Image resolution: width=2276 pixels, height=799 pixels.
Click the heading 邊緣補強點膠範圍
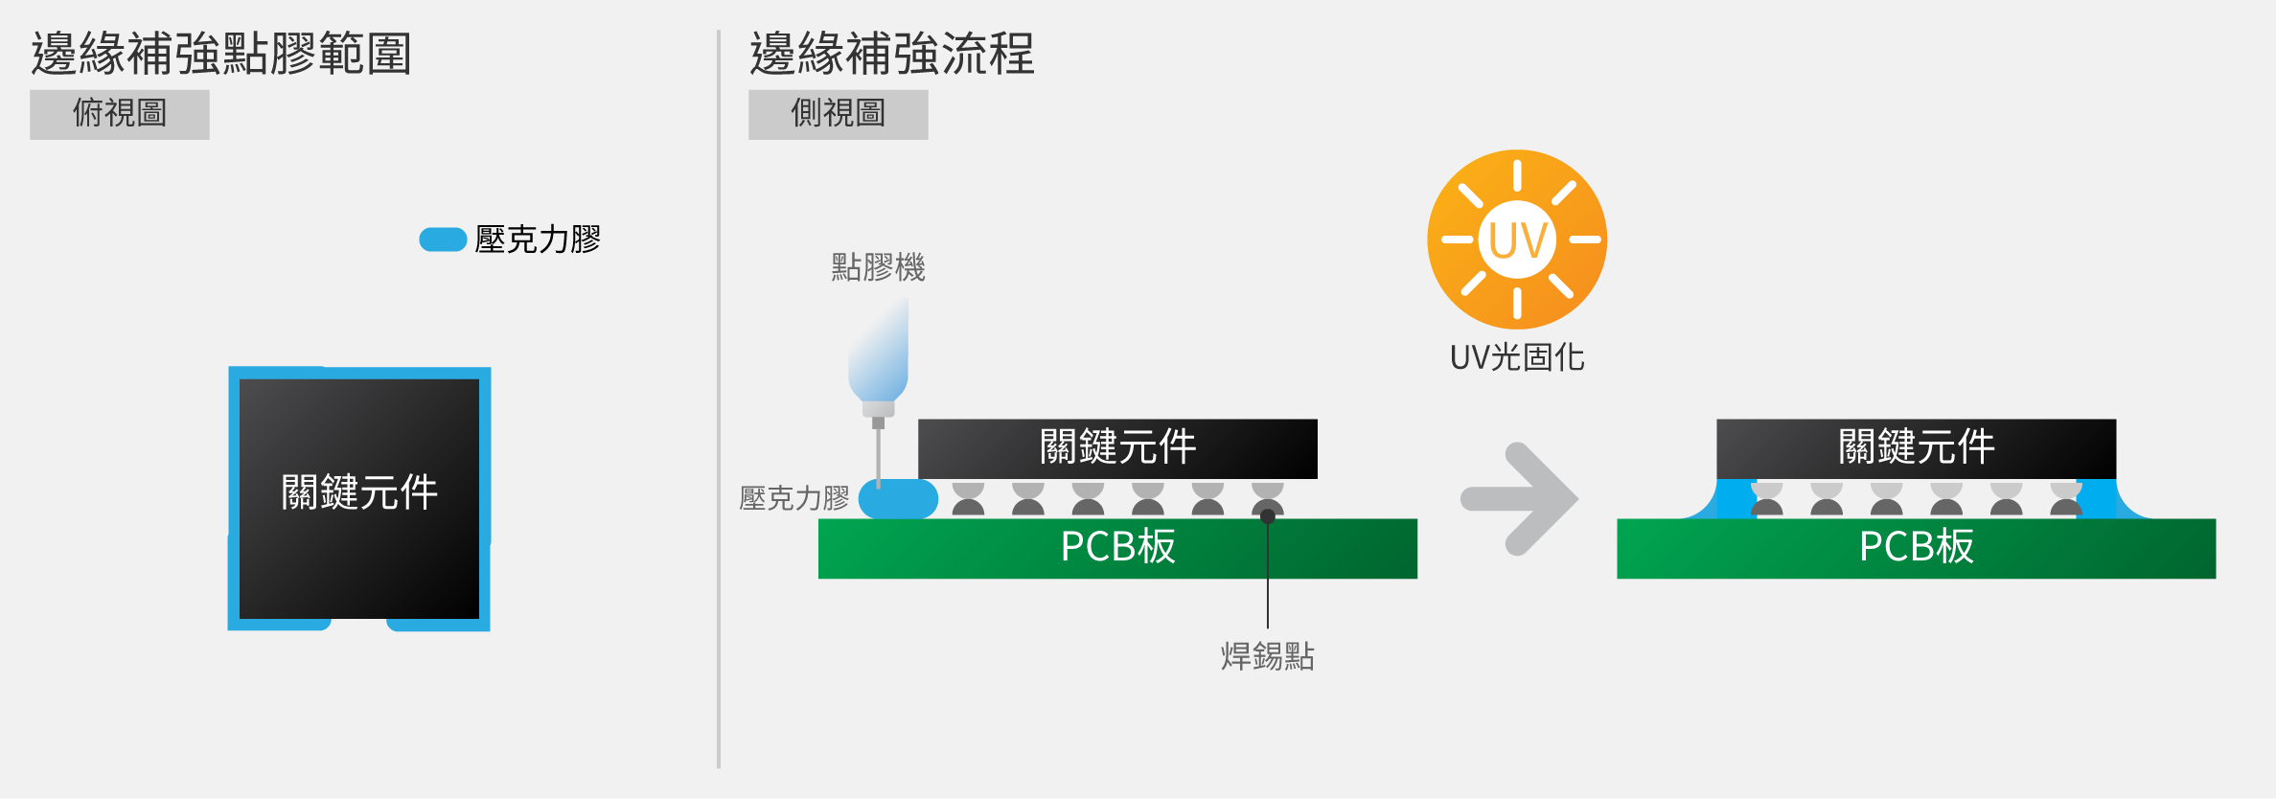[221, 54]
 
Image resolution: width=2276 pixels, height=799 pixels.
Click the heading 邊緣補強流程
[892, 54]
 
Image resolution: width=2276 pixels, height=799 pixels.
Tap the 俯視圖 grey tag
[120, 114]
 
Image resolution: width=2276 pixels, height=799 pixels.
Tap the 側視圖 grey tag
[839, 114]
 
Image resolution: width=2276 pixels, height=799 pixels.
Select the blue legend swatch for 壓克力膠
[443, 240]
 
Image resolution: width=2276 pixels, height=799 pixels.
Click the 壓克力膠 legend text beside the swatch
[538, 240]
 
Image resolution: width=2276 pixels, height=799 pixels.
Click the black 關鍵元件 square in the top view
[359, 498]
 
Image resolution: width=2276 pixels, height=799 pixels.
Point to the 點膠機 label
[879, 267]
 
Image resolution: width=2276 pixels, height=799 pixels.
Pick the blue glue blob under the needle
[898, 499]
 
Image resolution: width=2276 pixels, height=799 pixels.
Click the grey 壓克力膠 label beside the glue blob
[794, 498]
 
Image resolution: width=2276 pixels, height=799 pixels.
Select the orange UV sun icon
[1517, 240]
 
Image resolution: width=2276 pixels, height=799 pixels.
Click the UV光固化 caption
[1517, 357]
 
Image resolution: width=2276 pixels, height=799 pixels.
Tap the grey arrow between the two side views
[1520, 499]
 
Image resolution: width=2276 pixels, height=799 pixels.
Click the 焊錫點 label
[1268, 656]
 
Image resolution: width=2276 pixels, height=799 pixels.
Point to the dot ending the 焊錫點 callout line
[1268, 516]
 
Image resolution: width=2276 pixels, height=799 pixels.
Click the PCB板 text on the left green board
[1118, 547]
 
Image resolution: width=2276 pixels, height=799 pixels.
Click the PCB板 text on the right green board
[1917, 547]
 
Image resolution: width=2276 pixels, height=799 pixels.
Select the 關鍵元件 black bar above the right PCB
[1917, 448]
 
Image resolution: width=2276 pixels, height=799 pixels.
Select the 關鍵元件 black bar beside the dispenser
[1117, 448]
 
